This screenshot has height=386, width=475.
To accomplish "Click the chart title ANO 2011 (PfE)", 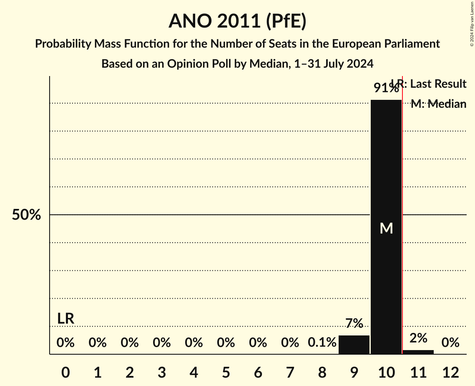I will (237, 21).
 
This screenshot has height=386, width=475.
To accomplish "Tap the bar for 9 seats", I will (354, 345).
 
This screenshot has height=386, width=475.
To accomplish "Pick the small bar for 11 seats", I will (418, 352).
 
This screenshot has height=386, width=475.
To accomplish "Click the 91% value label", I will (386, 88).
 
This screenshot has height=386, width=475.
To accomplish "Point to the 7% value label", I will (354, 323).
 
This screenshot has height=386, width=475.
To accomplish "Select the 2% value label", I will (418, 338).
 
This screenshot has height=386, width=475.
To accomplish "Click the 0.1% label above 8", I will (322, 343).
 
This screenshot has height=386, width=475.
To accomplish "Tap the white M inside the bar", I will (386, 228).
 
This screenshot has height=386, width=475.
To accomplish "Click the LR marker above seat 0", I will (65, 319).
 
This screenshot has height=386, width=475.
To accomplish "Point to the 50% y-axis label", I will (26, 215).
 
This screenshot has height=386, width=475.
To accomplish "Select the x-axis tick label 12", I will (450, 372).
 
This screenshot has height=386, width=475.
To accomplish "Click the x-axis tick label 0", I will (65, 372).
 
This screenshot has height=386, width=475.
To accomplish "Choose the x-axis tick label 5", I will (226, 372).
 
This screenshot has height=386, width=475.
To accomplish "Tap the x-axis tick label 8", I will (322, 372).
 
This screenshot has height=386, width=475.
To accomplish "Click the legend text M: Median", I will (438, 104).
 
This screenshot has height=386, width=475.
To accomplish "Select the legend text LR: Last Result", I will (430, 84).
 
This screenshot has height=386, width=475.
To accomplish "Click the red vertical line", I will (402, 251).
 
